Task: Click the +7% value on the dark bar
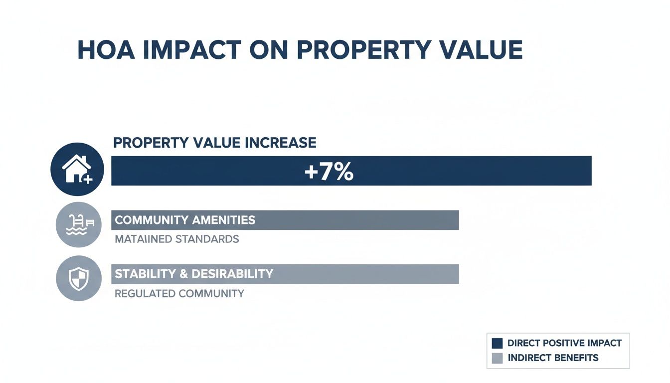point(329,172)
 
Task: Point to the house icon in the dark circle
point(76,170)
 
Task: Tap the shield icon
point(79,278)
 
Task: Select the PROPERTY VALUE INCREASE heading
point(214,143)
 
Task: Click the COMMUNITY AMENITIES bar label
point(185,220)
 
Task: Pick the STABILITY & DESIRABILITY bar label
point(194,274)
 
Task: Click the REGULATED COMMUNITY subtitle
point(179,294)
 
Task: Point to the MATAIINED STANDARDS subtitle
point(177,239)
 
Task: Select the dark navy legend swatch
point(497,343)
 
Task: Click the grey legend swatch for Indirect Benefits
point(497,358)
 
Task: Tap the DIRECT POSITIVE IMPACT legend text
point(564,343)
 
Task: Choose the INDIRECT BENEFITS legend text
point(553,358)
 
